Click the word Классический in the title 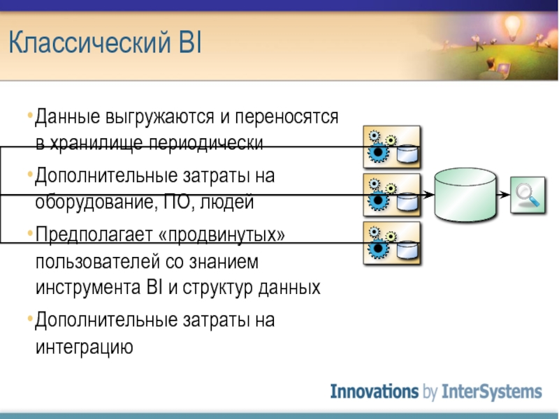click(x=89, y=42)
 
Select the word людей click(x=226, y=203)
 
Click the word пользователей click(x=97, y=262)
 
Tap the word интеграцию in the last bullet click(x=84, y=346)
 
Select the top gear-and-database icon click(x=392, y=147)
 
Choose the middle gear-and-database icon click(x=392, y=195)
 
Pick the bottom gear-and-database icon click(x=392, y=243)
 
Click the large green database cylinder click(x=465, y=195)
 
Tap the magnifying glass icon click(x=528, y=195)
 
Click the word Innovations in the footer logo click(x=375, y=391)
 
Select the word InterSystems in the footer click(x=492, y=392)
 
